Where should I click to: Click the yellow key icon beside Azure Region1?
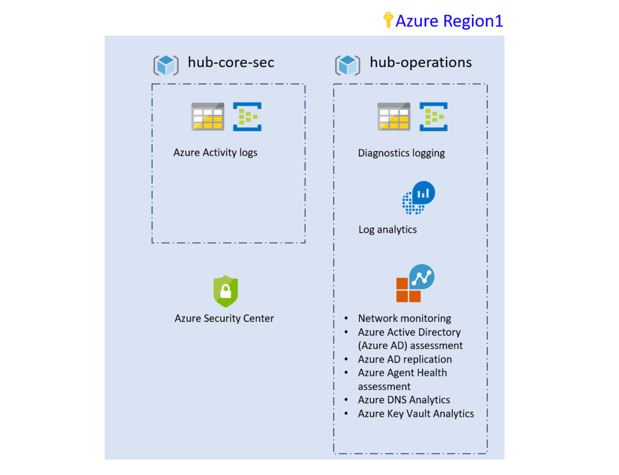point(388,20)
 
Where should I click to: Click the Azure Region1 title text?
point(449,21)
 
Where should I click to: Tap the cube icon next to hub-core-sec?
point(166,65)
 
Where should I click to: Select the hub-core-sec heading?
point(231,62)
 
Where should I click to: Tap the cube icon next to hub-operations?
point(348,65)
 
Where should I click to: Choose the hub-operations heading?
point(420,62)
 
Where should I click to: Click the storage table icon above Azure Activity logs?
point(208,116)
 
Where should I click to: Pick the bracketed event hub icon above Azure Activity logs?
point(247,116)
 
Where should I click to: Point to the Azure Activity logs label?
point(215,153)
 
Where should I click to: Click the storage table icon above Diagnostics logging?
point(394,116)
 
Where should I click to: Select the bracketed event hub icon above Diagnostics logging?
point(433,116)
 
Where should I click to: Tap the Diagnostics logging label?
point(401,153)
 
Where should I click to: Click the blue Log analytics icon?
point(418,198)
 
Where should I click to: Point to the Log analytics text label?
point(387,230)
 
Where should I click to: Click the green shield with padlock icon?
point(226,291)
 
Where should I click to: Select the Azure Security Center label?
point(224,318)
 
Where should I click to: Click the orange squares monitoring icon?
point(415,283)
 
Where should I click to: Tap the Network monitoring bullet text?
point(404,318)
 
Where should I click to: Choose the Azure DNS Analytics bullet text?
point(404,400)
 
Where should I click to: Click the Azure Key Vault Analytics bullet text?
point(416,414)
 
